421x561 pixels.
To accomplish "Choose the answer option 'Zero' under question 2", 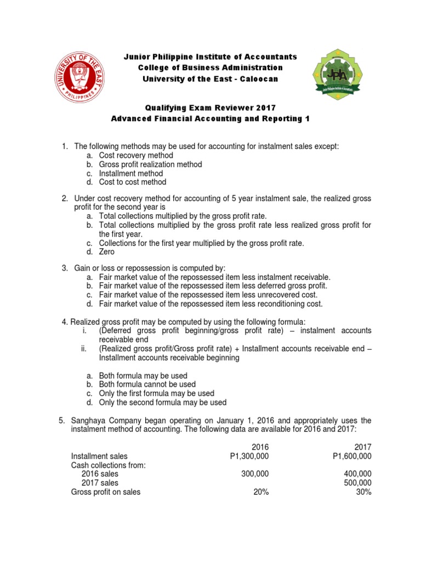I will (107, 252).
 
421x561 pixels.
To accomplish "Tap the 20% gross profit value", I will (260, 492).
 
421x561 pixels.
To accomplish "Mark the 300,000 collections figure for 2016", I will (255, 474).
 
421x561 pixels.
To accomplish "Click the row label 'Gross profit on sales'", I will (106, 492).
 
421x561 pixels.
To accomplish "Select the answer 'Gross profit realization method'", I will (150, 164).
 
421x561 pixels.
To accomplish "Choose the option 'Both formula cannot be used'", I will (147, 385).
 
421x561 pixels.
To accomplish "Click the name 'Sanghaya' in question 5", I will (90, 420).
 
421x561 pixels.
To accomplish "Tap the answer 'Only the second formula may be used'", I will (162, 402).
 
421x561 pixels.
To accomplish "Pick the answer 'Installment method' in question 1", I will (131, 173).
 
